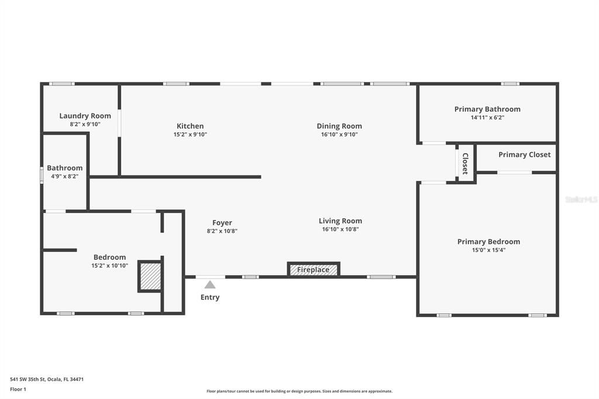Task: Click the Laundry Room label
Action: pos(85,116)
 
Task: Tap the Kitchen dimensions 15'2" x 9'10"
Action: pos(190,135)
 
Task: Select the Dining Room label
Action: pos(339,126)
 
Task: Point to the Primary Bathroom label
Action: pos(487,109)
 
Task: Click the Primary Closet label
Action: pos(524,154)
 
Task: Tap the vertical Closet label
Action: pos(465,164)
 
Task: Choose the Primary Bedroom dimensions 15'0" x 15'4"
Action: pos(488,250)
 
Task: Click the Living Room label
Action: pos(340,221)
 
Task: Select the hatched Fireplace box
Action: pos(314,270)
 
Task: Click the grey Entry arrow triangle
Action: pos(210,285)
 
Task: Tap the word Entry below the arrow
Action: pos(210,297)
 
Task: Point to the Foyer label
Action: pos(222,222)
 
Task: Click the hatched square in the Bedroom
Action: pos(150,275)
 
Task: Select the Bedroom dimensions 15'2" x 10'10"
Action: pos(109,266)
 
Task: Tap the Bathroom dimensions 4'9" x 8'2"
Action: pos(65,176)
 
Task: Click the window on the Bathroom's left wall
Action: pos(42,176)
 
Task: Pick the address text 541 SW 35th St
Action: pos(47,379)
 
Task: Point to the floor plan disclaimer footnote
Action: pos(299,391)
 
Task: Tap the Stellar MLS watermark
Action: pos(581,199)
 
